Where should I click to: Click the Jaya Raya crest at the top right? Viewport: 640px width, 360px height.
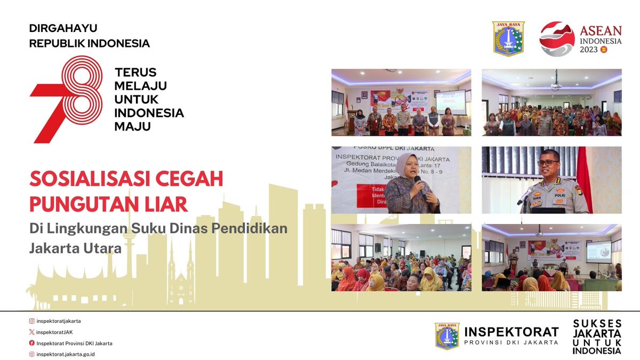pos(508,39)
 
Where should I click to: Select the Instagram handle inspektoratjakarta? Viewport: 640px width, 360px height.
pos(59,321)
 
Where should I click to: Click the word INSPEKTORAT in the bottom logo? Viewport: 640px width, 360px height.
pos(511,332)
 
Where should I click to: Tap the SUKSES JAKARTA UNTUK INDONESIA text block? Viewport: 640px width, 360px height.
pos(597,338)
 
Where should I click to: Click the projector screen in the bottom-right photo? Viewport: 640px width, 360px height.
pos(598,252)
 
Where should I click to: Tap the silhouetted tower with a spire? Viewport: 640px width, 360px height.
pos(127,251)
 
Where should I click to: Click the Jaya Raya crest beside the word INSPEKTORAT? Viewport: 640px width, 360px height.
pos(447,336)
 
